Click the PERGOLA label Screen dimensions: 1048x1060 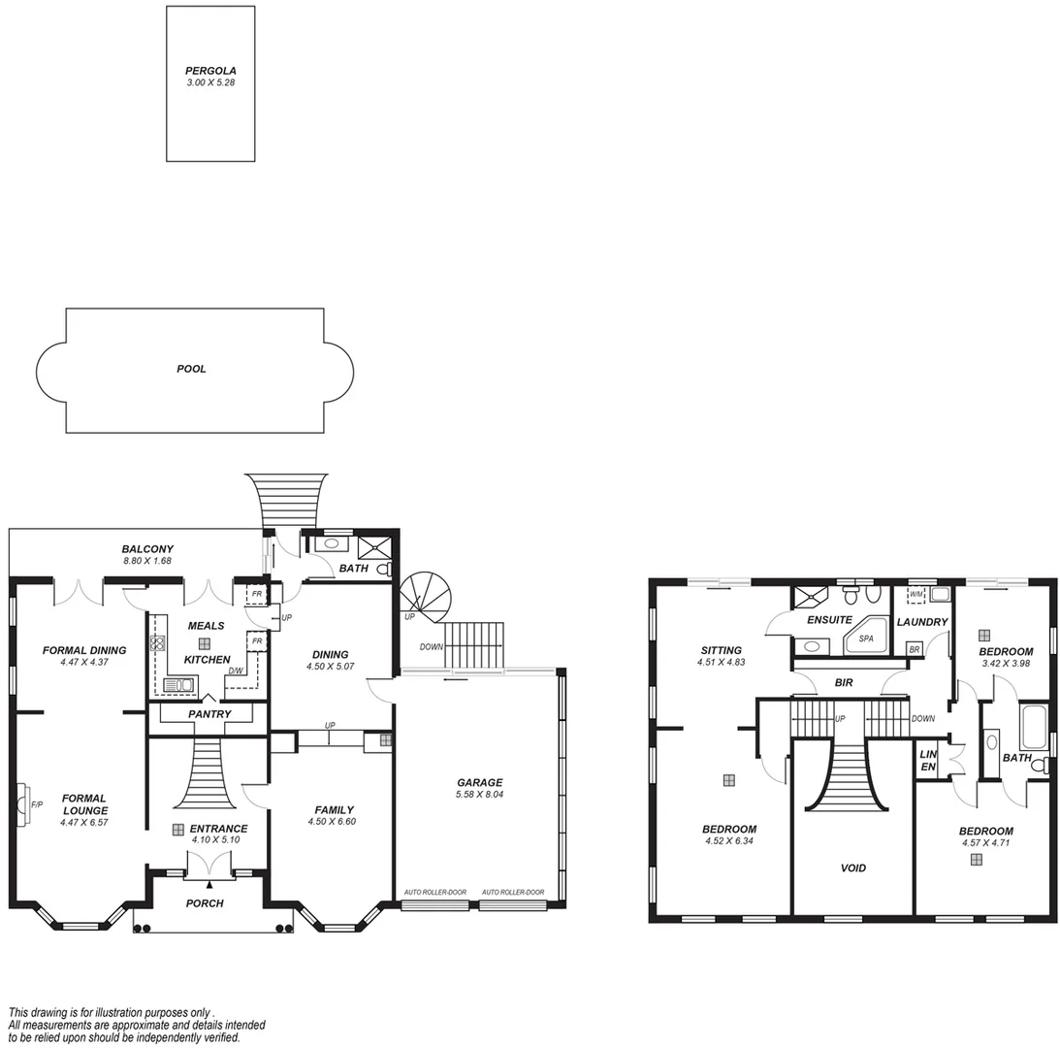210,71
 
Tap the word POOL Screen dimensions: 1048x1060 191,369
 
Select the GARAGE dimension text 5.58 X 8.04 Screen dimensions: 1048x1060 479,794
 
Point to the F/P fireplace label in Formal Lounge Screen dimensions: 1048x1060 37,804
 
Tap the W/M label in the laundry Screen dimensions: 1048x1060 915,594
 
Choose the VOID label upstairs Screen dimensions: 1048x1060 852,868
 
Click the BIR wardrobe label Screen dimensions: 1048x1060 843,683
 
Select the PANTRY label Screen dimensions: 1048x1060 209,714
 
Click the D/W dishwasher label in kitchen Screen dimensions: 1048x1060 235,671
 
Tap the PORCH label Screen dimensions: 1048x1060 204,903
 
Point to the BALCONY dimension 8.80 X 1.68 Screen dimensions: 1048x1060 147,561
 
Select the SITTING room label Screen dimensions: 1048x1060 721,650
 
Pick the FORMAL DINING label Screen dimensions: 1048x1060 84,650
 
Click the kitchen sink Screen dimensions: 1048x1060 179,685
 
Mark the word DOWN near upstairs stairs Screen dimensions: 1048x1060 922,719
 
